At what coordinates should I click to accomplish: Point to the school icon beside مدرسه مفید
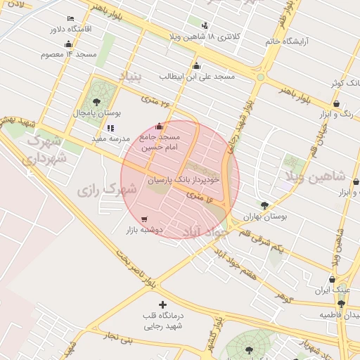tap(110, 128)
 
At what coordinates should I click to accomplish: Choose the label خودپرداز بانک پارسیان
tap(184, 180)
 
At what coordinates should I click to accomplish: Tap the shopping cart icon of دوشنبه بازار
tap(145, 219)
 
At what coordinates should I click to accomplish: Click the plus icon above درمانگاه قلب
tap(163, 305)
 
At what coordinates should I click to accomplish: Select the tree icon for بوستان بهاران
tap(264, 205)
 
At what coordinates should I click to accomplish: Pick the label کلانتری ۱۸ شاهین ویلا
tap(205, 36)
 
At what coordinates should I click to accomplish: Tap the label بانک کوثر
tap(347, 84)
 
